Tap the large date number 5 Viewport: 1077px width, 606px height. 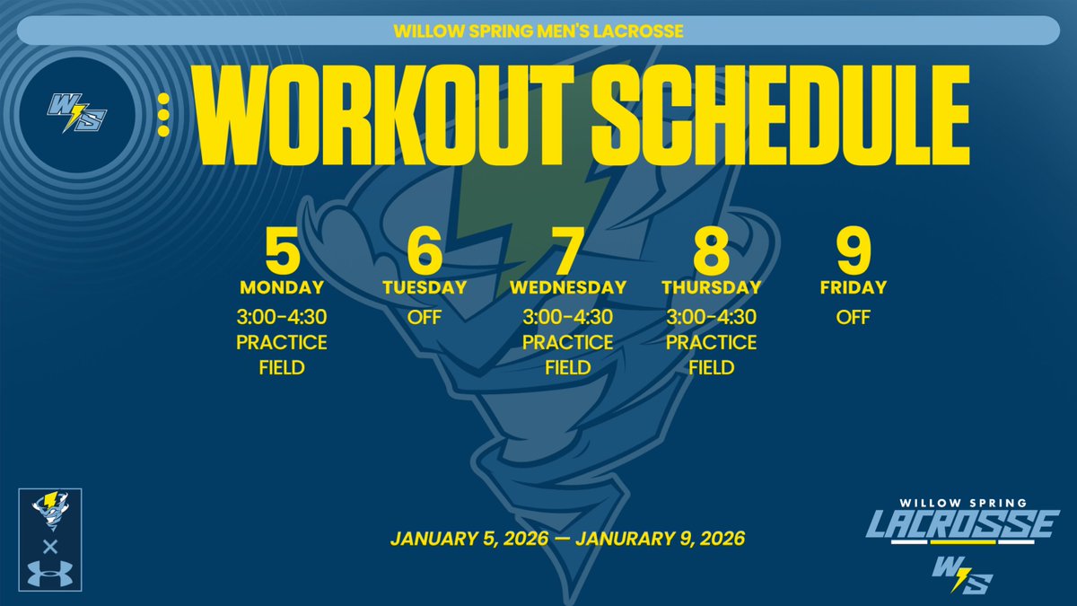pos(282,254)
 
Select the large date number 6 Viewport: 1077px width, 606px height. pos(425,254)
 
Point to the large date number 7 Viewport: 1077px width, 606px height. pos(567,254)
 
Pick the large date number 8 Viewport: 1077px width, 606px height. pos(711,254)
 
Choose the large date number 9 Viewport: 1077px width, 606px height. pos(854,254)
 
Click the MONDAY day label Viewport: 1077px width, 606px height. pos(282,288)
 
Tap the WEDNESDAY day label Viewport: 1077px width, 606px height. pos(567,288)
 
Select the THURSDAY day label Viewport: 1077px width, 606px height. pos(711,288)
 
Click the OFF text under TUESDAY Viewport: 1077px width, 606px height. pos(425,317)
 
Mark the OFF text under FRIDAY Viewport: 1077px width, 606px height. pos(854,317)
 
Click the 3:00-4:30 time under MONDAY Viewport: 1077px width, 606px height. pos(282,317)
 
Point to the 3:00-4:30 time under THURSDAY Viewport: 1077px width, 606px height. pos(711,317)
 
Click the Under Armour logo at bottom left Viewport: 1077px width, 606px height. pos(50,572)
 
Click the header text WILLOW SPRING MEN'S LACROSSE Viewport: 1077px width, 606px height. pos(538,31)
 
